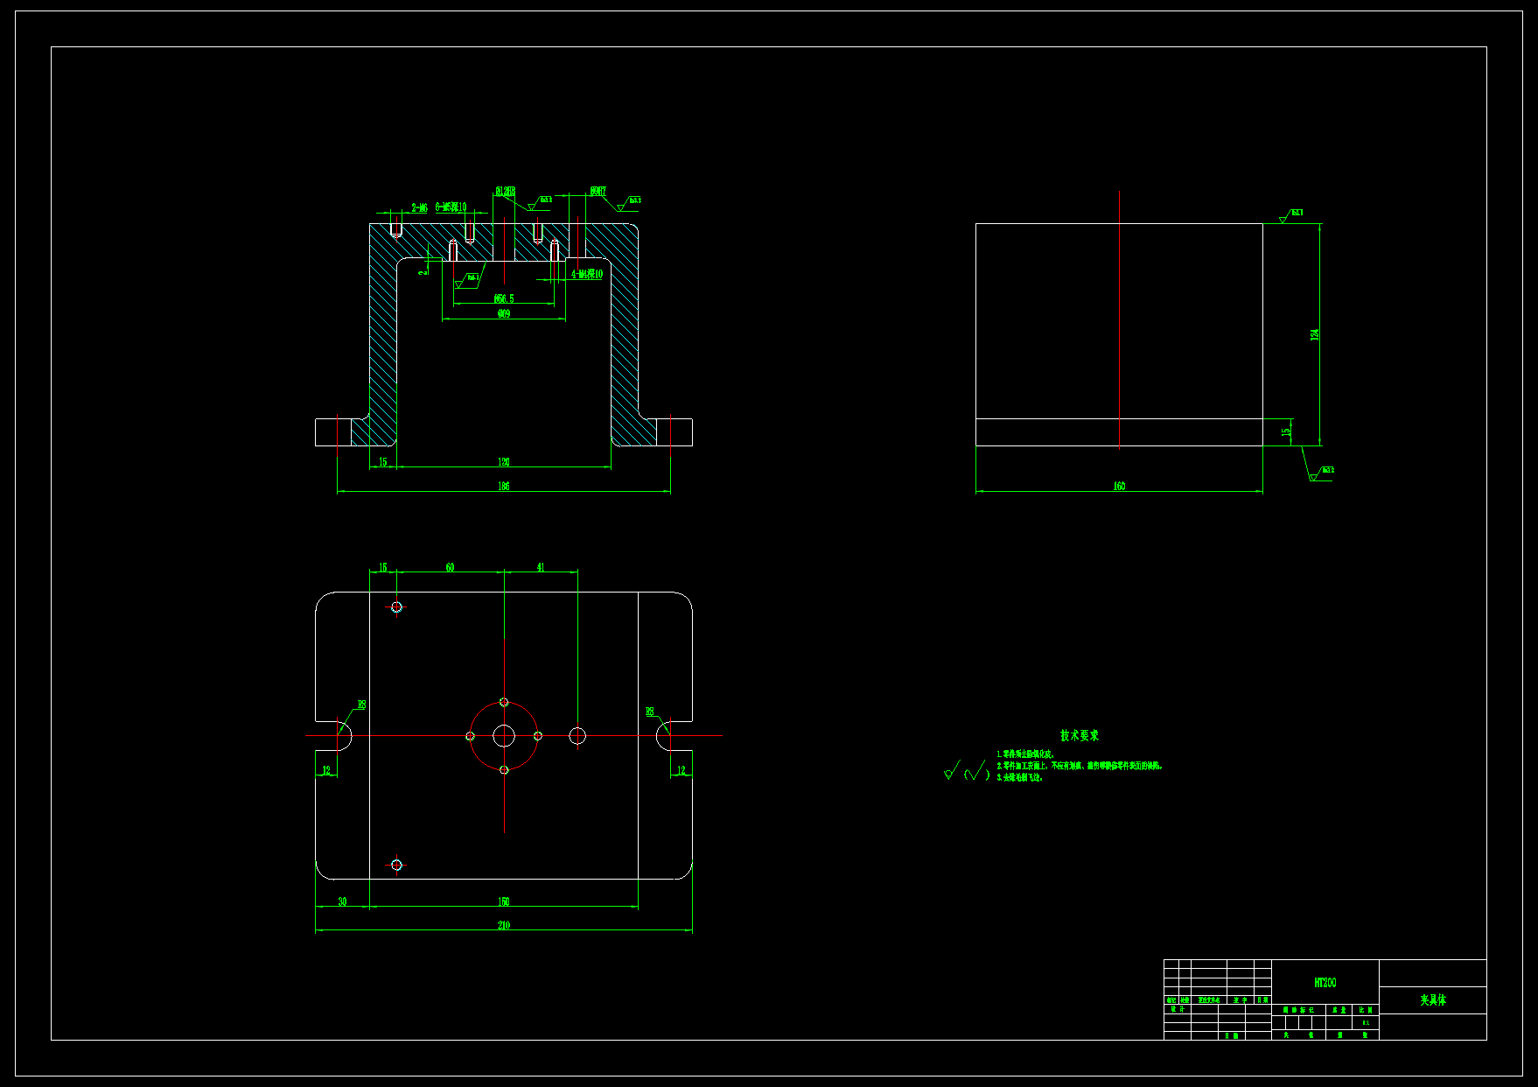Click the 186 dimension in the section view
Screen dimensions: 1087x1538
504,486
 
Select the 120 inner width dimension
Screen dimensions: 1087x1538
504,461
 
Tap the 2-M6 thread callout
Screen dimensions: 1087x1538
420,208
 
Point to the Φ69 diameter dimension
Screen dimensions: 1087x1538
504,313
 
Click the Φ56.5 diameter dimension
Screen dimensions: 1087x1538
504,298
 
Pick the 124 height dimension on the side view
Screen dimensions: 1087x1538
1315,334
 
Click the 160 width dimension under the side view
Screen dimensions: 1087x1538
1119,486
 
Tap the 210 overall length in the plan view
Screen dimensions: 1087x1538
504,925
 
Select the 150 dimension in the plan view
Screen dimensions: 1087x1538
504,901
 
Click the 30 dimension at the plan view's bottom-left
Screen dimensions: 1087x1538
342,901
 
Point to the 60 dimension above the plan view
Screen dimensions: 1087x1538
450,567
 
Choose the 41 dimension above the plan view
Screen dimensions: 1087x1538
541,567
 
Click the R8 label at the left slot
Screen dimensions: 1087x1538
361,705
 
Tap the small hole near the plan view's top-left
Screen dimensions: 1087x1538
396,607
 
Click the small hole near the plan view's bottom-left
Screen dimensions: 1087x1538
396,865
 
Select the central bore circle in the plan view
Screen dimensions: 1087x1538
504,736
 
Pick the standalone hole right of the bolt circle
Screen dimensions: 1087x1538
577,736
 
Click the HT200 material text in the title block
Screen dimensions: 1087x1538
1325,983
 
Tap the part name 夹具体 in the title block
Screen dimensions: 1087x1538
1433,999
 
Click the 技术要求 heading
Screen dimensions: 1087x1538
1080,736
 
